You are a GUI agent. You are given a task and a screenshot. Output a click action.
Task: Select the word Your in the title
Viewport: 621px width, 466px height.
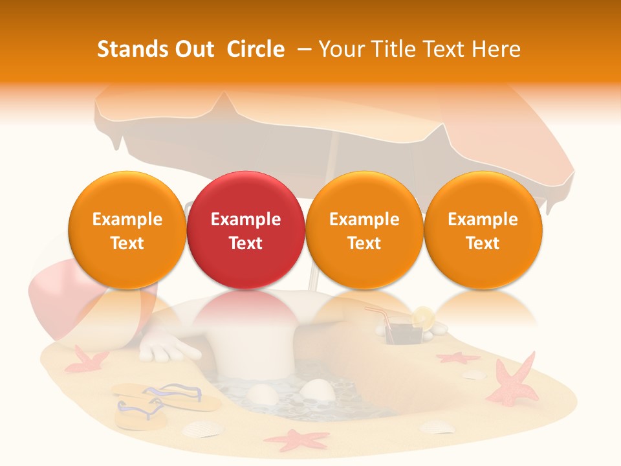click(x=338, y=49)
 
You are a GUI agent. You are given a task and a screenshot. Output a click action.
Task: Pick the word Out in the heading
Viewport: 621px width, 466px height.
click(x=194, y=49)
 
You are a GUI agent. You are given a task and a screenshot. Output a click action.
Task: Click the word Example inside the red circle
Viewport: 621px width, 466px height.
click(x=246, y=219)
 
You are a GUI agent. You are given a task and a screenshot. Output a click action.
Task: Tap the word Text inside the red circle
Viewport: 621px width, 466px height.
click(x=246, y=243)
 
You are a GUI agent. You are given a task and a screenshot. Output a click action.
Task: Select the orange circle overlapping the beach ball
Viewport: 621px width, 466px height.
click(x=127, y=230)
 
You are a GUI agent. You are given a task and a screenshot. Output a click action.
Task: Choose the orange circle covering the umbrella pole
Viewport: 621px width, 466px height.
click(x=364, y=230)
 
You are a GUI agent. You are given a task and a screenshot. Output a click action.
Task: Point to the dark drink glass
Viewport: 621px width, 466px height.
click(x=395, y=334)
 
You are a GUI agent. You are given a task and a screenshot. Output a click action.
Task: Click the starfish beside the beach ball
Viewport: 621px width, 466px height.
click(x=84, y=359)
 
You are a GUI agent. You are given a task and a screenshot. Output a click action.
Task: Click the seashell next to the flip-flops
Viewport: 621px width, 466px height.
click(x=202, y=428)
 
